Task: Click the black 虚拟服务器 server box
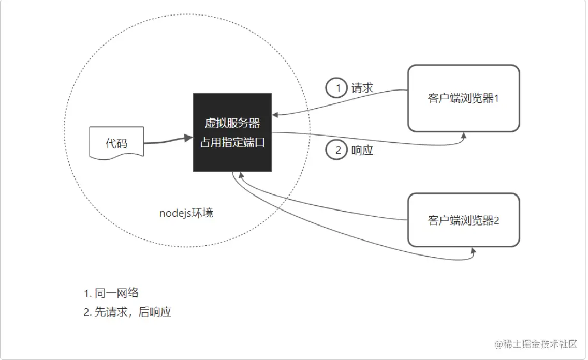point(232,132)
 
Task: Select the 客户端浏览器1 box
point(463,98)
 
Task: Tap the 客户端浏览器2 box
point(463,220)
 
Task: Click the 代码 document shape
point(116,143)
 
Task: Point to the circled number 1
point(338,88)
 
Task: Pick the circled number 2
point(338,151)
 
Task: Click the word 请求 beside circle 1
point(362,88)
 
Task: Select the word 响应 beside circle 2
point(362,151)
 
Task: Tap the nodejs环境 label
point(186,213)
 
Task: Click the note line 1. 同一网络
point(111,293)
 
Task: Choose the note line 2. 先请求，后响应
point(127,312)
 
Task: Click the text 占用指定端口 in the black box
point(232,142)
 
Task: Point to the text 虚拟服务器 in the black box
point(232,123)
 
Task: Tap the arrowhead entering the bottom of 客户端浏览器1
point(464,135)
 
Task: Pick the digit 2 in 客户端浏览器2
point(496,220)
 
